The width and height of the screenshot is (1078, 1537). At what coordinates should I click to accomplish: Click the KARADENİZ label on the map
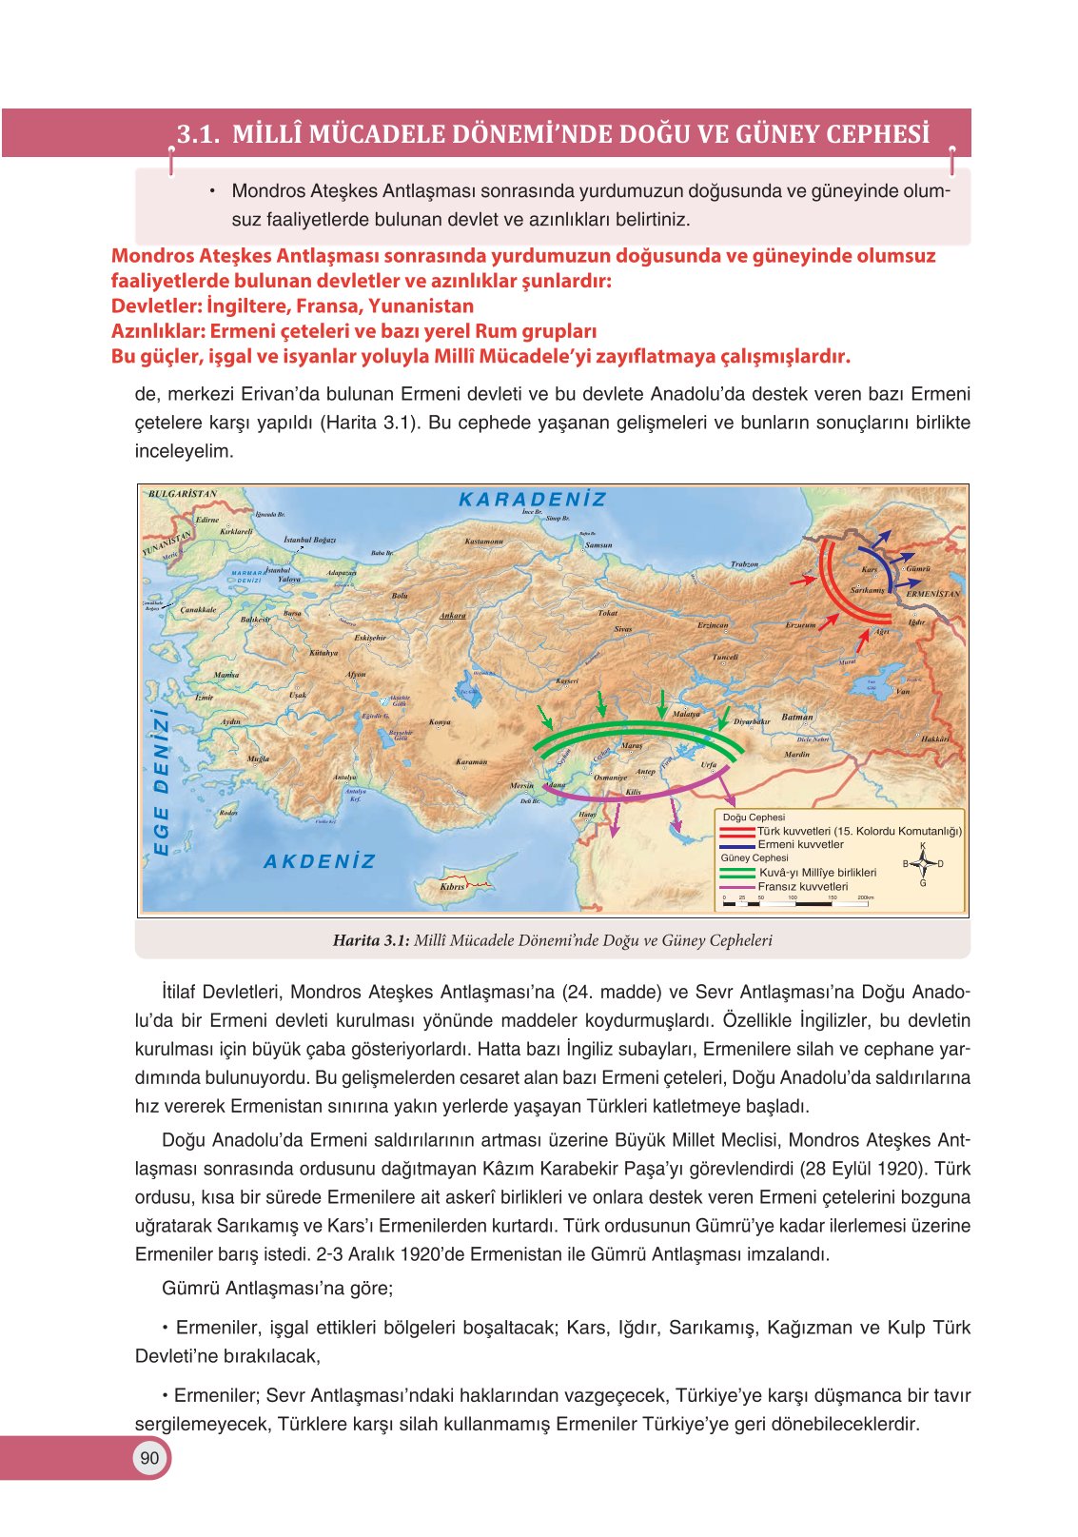[x=532, y=500]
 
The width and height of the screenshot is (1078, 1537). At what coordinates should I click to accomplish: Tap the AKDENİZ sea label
[x=320, y=862]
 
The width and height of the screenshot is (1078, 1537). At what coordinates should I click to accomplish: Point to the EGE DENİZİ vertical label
[x=162, y=780]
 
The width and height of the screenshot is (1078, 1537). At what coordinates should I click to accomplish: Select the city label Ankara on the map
[x=453, y=616]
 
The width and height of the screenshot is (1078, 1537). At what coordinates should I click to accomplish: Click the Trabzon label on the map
[x=744, y=564]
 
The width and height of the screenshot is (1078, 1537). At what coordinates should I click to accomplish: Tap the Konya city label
[x=440, y=722]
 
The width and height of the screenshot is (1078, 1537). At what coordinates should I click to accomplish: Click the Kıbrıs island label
[x=453, y=887]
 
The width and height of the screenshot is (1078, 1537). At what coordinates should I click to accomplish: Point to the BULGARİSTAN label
[x=183, y=494]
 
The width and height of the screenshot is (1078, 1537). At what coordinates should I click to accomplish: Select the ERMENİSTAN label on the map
[x=932, y=594]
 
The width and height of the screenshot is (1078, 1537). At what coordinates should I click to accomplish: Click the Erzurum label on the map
[x=800, y=625]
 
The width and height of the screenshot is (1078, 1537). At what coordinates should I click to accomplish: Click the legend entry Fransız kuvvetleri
[x=801, y=886]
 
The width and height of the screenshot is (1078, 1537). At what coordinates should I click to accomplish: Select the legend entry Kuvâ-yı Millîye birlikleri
[x=816, y=872]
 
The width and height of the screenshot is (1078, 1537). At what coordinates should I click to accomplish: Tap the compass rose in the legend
[x=922, y=864]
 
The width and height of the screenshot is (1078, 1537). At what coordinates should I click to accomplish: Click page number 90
[x=149, y=1458]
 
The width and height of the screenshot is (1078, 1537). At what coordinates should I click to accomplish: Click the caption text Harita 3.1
[x=370, y=940]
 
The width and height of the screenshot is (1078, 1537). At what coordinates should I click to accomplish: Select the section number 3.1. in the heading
[x=199, y=134]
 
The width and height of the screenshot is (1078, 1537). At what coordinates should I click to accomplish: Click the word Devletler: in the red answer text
[x=156, y=306]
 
